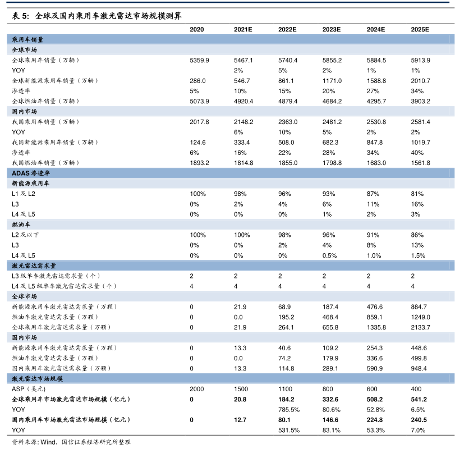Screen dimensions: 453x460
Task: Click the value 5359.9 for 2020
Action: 199,60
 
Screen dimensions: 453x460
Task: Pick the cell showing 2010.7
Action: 421,81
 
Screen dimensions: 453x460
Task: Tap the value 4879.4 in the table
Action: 287,101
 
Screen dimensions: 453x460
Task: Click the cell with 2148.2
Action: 243,122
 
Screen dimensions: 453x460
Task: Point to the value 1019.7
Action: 421,143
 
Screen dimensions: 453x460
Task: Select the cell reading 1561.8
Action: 421,163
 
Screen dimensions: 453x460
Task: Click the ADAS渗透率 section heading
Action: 31,173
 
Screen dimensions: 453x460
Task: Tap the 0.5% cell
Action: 332,255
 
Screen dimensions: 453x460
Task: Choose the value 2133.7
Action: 421,327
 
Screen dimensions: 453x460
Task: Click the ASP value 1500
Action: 241,389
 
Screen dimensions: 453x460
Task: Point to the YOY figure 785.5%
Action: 288,409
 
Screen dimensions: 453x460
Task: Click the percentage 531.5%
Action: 288,430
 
